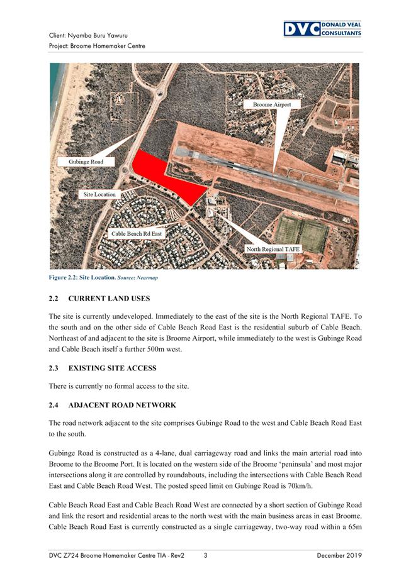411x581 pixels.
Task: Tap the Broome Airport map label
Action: (272, 104)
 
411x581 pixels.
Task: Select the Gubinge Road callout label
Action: (87, 162)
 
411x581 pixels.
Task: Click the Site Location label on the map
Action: (99, 194)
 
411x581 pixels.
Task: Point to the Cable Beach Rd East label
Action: (137, 233)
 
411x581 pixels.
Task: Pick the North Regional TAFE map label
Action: (273, 249)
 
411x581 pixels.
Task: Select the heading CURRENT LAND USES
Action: (108, 297)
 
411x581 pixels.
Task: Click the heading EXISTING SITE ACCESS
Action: (112, 367)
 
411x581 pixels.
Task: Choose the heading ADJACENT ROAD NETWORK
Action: (121, 405)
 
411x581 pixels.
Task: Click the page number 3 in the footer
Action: (205, 555)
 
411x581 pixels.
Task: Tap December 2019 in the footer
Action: (339, 555)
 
